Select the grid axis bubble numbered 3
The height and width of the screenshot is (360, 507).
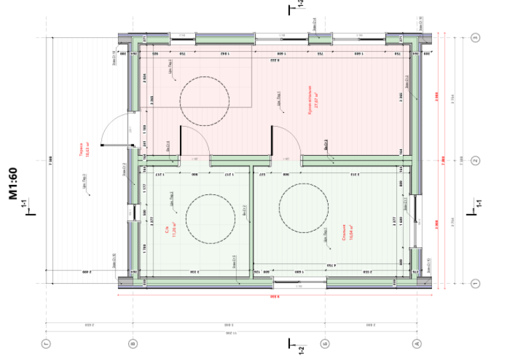pyautogui.click(x=474, y=38)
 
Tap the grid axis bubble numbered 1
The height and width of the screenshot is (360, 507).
pyautogui.click(x=474, y=284)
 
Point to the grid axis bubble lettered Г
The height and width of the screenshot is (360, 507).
pyautogui.click(x=46, y=343)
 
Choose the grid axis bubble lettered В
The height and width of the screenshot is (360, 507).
pyautogui.click(x=133, y=343)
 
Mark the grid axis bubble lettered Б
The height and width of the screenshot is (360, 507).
pyautogui.click(x=325, y=343)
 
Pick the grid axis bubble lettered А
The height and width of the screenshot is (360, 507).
pyautogui.click(x=417, y=343)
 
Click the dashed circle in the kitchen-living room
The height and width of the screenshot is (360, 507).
pyautogui.click(x=203, y=100)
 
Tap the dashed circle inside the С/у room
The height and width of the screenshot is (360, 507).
pyautogui.click(x=210, y=216)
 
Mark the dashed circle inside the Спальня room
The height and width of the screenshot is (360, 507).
pyautogui.click(x=304, y=206)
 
